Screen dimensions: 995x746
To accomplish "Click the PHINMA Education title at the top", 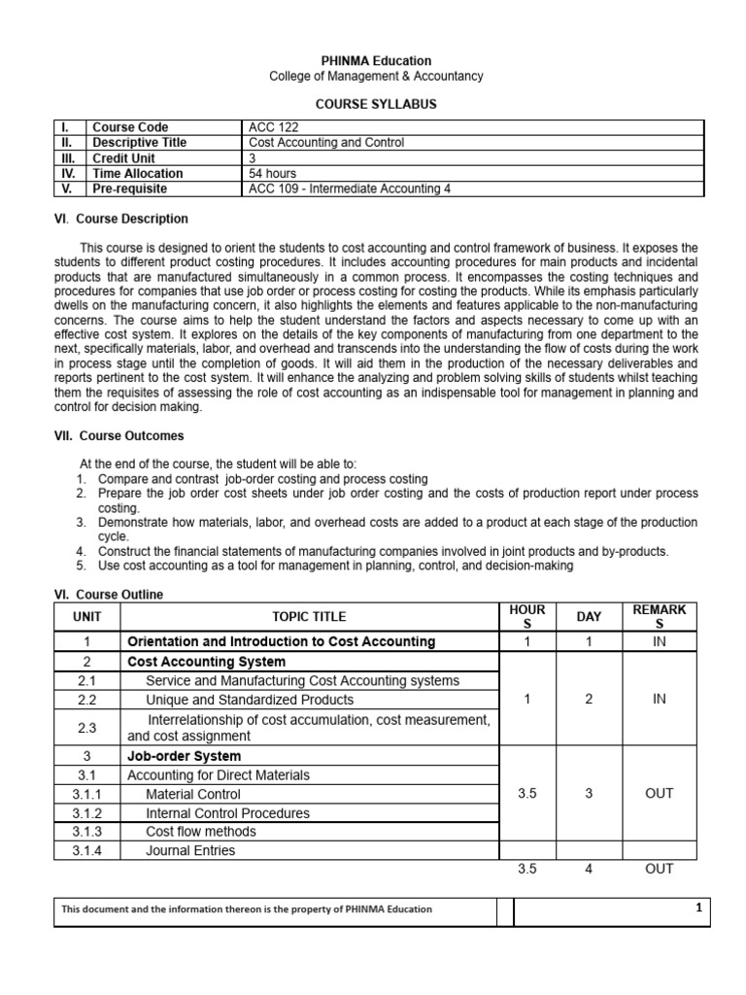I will pyautogui.click(x=374, y=60).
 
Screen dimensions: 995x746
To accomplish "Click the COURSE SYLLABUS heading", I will pyautogui.click(x=374, y=102).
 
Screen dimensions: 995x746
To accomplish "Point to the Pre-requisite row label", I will pyautogui.click(x=128, y=189).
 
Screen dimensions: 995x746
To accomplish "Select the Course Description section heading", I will pyautogui.click(x=121, y=219).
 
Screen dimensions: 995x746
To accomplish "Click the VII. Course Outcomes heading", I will pyautogui.click(x=119, y=436).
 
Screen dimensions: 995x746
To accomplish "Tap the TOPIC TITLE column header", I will pyautogui.click(x=309, y=616).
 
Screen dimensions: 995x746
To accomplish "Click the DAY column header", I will pyautogui.click(x=589, y=616).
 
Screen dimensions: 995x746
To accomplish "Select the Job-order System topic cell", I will pyautogui.click(x=185, y=756).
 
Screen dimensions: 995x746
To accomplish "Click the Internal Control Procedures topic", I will pyautogui.click(x=227, y=813).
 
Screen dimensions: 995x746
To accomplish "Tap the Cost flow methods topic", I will pyautogui.click(x=201, y=832).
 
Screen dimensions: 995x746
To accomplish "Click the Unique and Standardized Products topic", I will pyautogui.click(x=250, y=700).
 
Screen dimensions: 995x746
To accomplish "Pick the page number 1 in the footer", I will pyautogui.click(x=697, y=909).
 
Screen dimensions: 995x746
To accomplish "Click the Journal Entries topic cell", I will pyautogui.click(x=190, y=850).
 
